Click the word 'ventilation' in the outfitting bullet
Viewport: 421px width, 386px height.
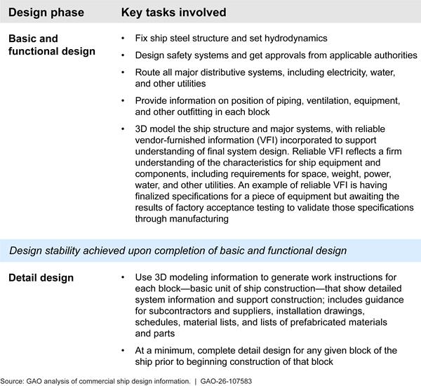click(303, 101)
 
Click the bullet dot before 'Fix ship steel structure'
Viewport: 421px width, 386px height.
click(124, 39)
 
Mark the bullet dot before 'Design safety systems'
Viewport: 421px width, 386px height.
click(124, 55)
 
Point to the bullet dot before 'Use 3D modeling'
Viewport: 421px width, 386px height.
click(124, 278)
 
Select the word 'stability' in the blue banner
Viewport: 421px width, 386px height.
click(76, 251)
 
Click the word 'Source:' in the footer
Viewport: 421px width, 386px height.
click(13, 380)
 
